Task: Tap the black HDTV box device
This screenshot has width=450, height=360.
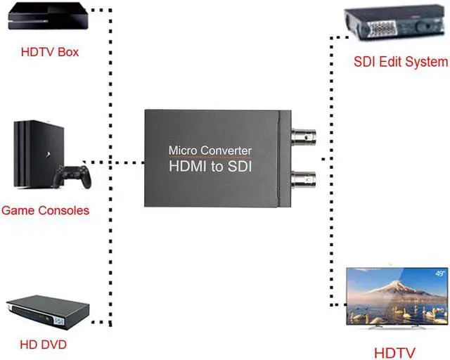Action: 46,18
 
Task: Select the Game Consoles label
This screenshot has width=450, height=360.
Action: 46,210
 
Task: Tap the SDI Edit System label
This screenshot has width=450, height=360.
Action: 401,62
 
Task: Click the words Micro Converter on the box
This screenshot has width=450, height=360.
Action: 210,150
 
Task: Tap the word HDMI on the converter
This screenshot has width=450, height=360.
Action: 187,167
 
